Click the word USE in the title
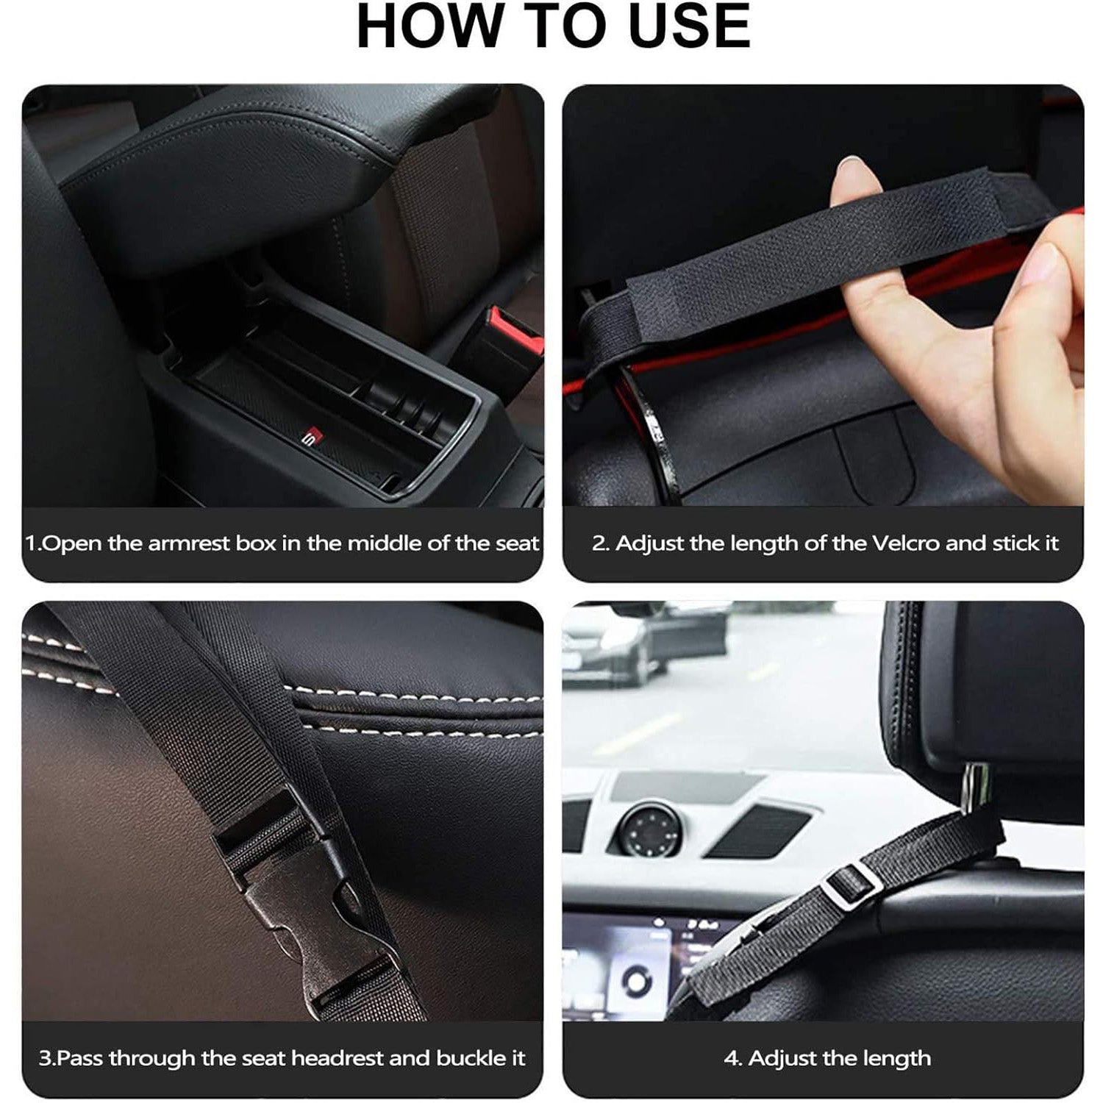click(x=690, y=26)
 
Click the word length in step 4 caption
click(x=895, y=1059)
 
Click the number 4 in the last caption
click(x=732, y=1059)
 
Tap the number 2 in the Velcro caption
click(x=601, y=544)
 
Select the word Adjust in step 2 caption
click(x=651, y=545)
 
